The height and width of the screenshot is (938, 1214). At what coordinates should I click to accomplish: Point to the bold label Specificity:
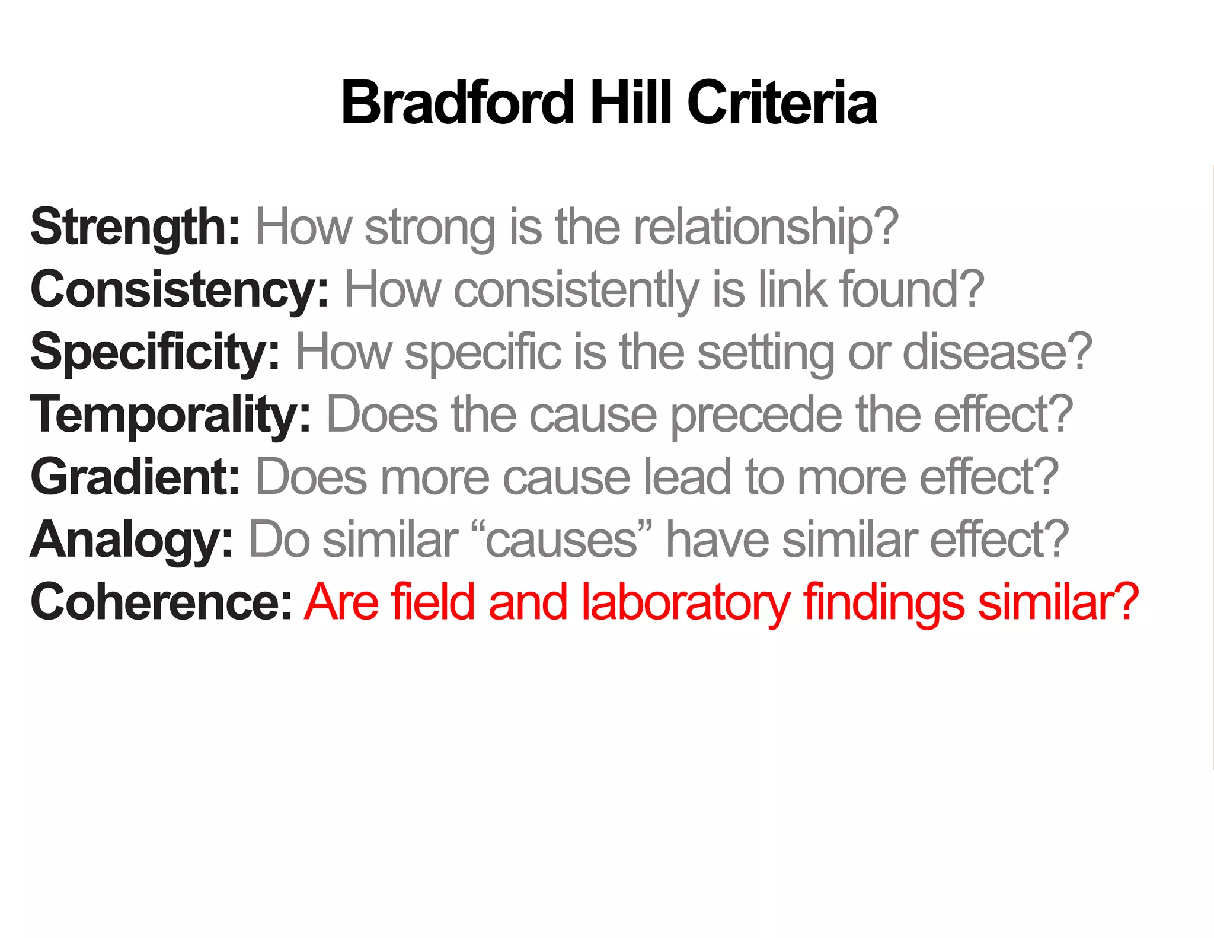(x=155, y=352)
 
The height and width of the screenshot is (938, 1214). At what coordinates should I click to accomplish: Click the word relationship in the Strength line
(x=765, y=227)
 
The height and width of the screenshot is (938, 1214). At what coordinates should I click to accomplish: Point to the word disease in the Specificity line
(x=996, y=352)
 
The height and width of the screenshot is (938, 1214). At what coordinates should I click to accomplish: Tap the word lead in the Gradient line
(x=688, y=477)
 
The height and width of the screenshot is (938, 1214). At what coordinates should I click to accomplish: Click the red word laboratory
(x=685, y=602)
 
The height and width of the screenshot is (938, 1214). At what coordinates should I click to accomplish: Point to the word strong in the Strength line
(x=430, y=227)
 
